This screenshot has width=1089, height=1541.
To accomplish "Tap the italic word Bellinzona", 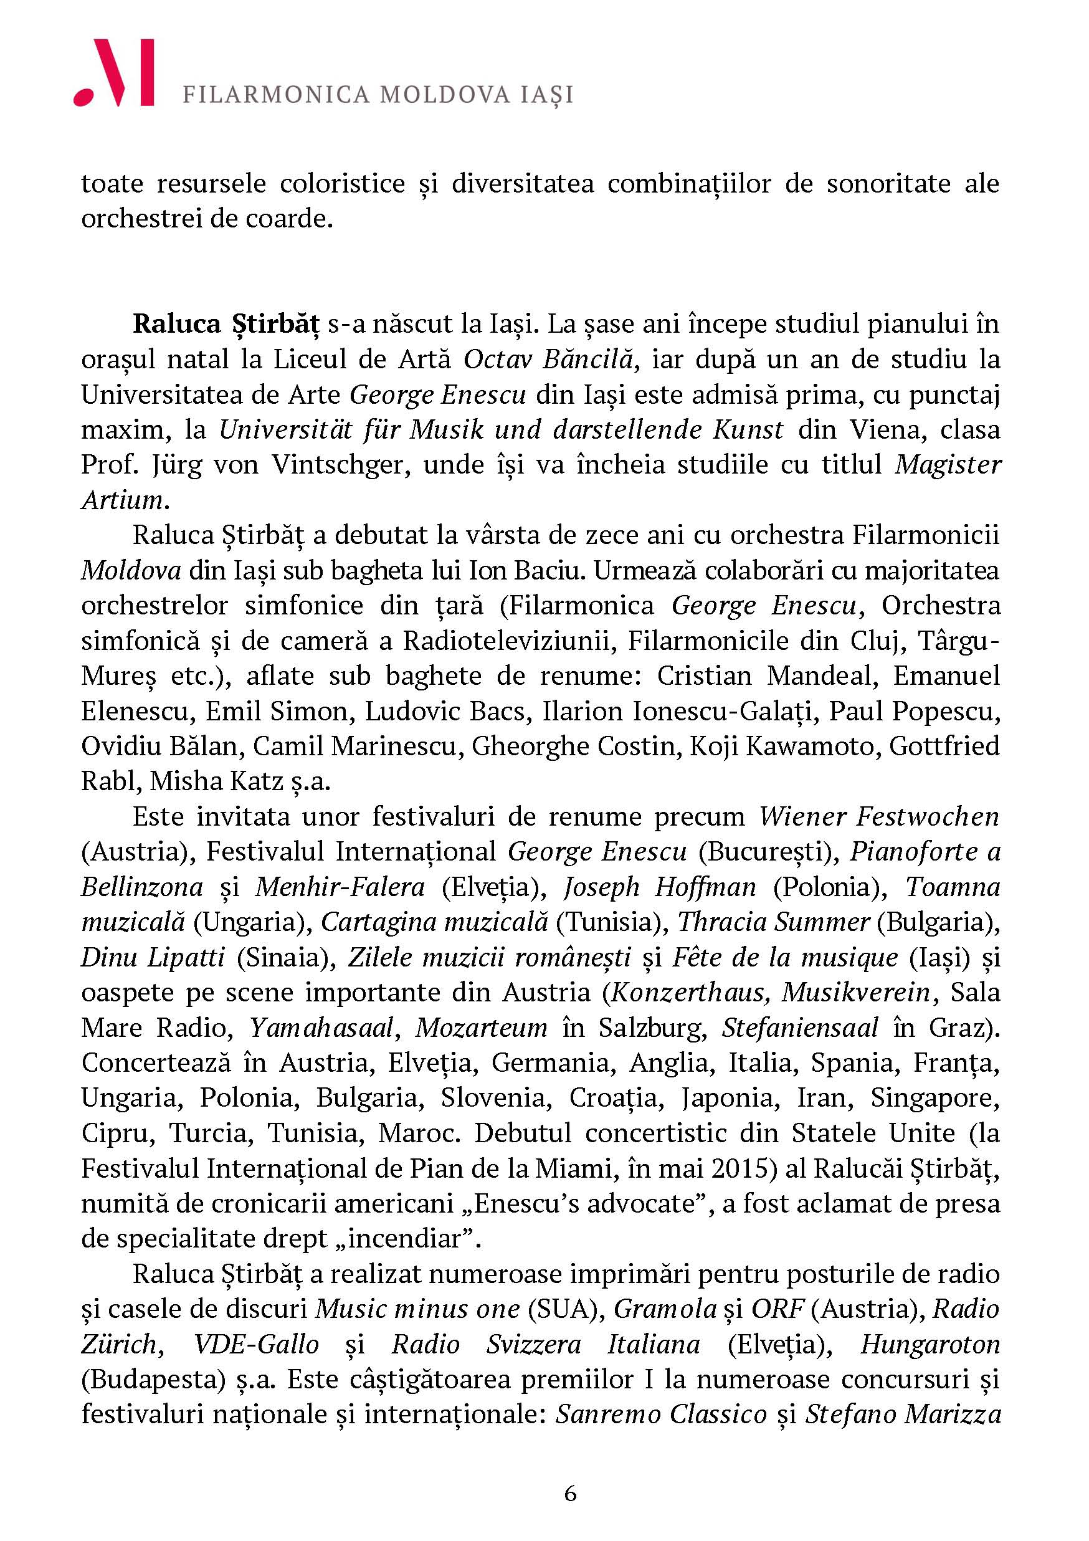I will tap(142, 887).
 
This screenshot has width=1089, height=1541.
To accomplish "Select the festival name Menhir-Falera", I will tap(340, 887).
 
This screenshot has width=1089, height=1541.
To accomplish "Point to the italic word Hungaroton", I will tap(930, 1344).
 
